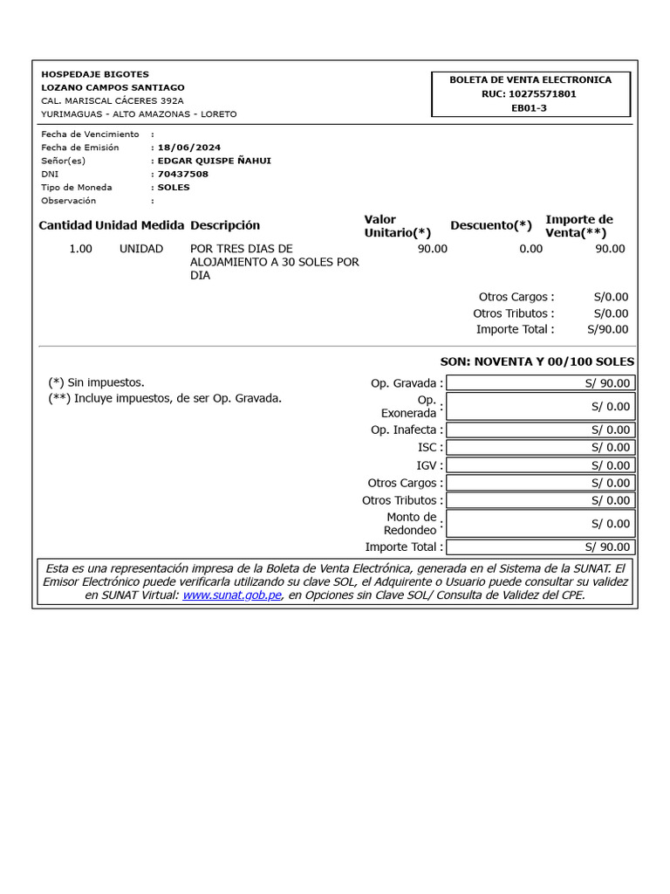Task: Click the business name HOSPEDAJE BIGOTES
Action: point(95,74)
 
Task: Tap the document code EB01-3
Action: point(530,107)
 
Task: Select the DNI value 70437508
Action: point(183,174)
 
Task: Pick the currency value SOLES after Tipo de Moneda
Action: point(174,187)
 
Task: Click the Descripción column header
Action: point(225,225)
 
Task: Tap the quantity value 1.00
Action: point(80,249)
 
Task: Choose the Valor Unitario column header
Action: point(397,226)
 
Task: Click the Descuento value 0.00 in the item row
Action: point(530,249)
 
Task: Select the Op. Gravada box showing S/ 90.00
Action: point(540,383)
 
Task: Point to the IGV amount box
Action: point(540,465)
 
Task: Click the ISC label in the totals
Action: point(427,447)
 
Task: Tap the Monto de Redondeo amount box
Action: point(540,524)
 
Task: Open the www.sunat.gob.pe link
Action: point(231,595)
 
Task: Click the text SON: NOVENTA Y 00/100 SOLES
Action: point(537,361)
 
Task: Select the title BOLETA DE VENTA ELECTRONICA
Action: point(530,79)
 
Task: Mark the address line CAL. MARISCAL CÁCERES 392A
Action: point(113,100)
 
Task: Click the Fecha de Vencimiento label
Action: point(90,134)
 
